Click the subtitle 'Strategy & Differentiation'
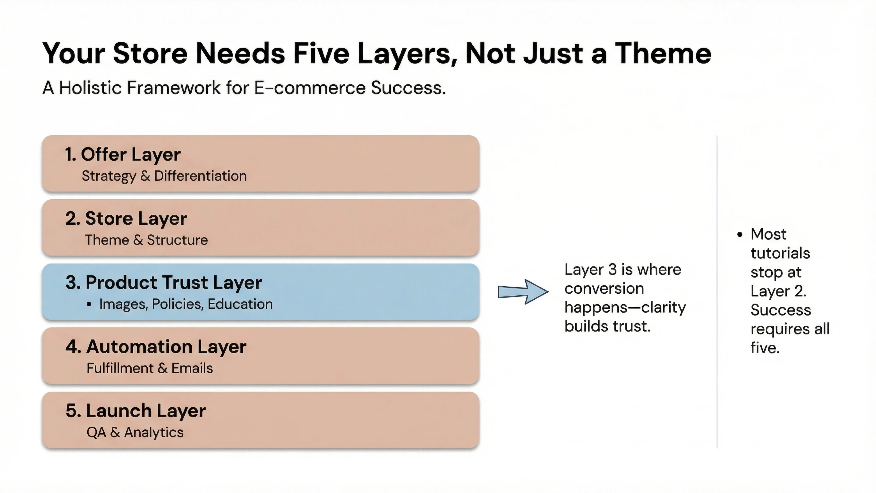[x=164, y=176]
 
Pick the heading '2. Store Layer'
[x=126, y=218]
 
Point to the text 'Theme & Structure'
[x=146, y=240]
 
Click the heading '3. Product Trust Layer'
[x=163, y=282]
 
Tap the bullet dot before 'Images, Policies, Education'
[x=89, y=304]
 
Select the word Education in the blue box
[x=240, y=304]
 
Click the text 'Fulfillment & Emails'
[x=150, y=368]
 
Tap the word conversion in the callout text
[x=604, y=289]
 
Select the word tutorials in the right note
[x=780, y=253]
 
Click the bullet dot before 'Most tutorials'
[x=740, y=235]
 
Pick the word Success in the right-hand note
[x=781, y=310]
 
